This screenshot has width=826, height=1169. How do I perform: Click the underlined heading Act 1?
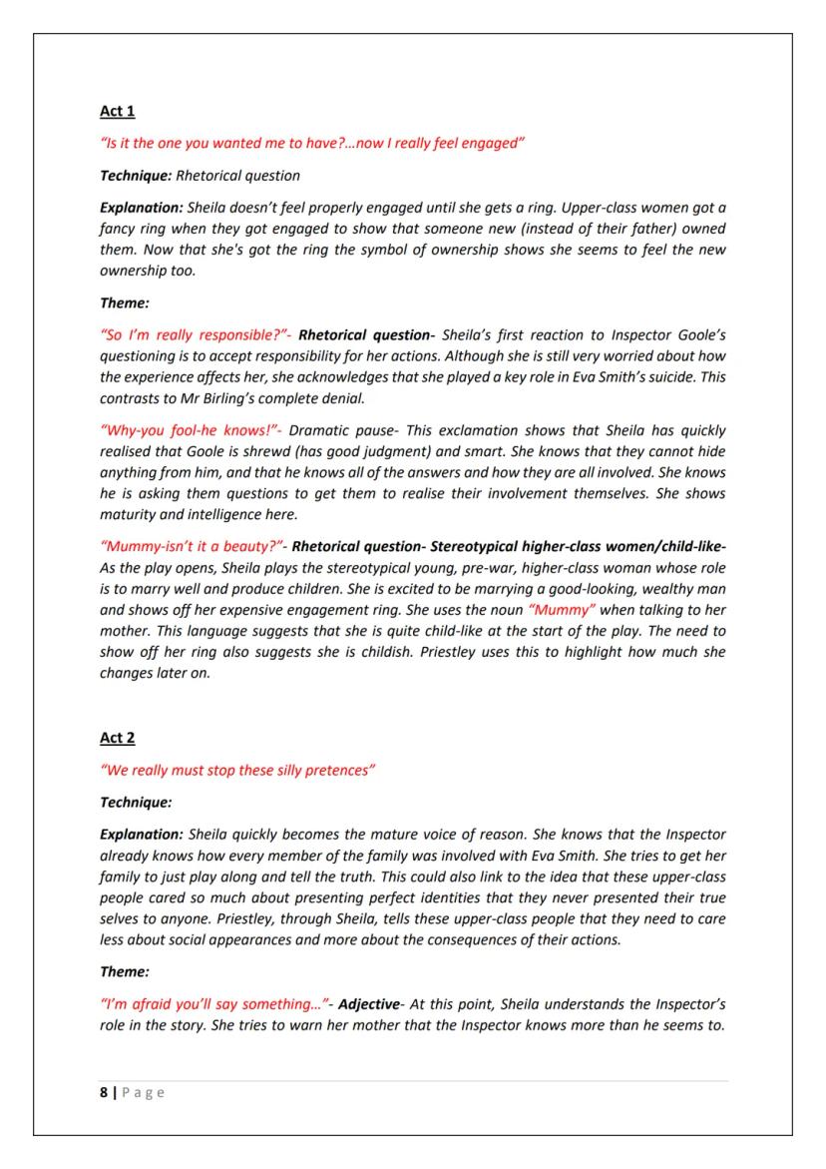click(x=117, y=111)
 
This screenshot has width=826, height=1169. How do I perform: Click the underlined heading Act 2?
click(x=117, y=737)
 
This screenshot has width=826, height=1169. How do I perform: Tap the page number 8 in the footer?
click(x=104, y=1092)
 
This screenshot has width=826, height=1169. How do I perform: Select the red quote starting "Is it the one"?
click(x=312, y=144)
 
